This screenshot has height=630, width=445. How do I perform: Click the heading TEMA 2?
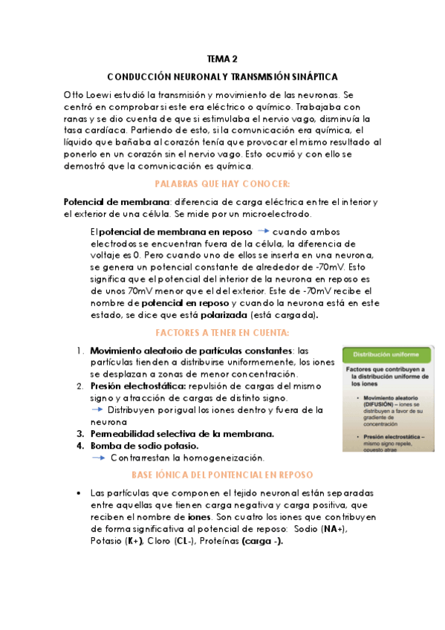[x=222, y=59]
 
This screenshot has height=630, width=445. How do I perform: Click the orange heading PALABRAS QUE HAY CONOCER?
[x=222, y=184]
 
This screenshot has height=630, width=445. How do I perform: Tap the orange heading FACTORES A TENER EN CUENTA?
[x=222, y=332]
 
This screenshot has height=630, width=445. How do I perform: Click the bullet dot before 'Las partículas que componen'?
[x=79, y=493]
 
